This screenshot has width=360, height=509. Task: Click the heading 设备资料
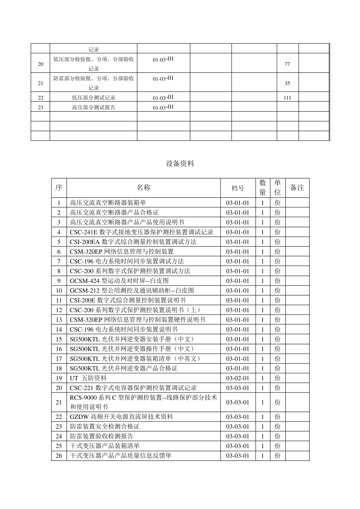(x=180, y=164)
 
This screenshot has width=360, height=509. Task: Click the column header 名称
(x=144, y=188)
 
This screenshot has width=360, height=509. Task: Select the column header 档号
(x=238, y=188)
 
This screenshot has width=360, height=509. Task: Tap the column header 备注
(x=297, y=188)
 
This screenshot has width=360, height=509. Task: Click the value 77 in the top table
(x=287, y=64)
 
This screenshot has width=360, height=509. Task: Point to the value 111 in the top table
(x=287, y=98)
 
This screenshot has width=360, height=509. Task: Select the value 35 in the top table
(x=287, y=84)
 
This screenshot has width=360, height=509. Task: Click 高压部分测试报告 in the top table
(x=94, y=108)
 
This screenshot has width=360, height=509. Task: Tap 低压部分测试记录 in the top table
(x=94, y=98)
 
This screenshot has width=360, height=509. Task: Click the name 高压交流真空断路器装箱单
(x=105, y=203)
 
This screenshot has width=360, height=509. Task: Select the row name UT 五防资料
(x=88, y=378)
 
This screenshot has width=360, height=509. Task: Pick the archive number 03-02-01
(x=238, y=378)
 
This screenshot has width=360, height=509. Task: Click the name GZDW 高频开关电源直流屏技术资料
(x=121, y=417)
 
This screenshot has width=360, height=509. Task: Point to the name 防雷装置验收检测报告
(x=102, y=436)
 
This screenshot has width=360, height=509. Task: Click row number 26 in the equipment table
(x=59, y=456)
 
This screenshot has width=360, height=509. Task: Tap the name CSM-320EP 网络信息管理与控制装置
(x=122, y=252)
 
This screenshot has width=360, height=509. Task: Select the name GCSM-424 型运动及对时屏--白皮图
(x=119, y=281)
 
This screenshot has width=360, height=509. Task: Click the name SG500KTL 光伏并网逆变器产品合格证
(x=124, y=368)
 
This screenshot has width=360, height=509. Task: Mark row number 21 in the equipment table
(x=59, y=403)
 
